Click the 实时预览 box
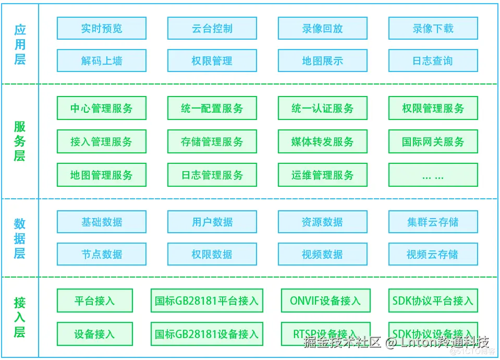click(x=101, y=28)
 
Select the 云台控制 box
click(x=212, y=28)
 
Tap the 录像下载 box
click(x=433, y=28)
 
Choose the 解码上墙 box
click(x=101, y=61)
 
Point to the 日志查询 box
click(x=433, y=61)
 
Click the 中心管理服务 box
click(x=101, y=109)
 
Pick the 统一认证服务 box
click(x=322, y=109)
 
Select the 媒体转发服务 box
click(x=322, y=141)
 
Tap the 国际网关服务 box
click(x=433, y=141)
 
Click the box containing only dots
click(x=433, y=175)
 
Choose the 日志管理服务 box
click(x=212, y=175)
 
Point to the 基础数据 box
click(x=101, y=222)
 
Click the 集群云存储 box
click(x=433, y=222)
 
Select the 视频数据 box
click(x=322, y=254)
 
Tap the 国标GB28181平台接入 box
click(x=206, y=301)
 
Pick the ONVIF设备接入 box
click(x=325, y=301)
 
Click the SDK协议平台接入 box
click(x=433, y=301)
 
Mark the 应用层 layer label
click(x=20, y=44)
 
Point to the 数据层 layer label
click(x=20, y=238)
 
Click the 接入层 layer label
click(x=20, y=317)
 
